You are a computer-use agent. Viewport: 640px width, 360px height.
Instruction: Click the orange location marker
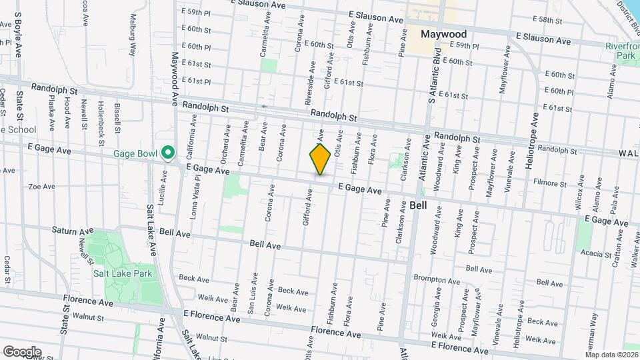(320, 159)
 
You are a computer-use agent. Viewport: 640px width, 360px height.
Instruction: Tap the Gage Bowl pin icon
(169, 153)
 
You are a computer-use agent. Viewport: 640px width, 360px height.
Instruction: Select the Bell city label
(419, 205)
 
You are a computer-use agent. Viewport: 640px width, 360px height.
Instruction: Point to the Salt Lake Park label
(123, 273)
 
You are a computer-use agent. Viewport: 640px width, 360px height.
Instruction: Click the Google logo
(22, 351)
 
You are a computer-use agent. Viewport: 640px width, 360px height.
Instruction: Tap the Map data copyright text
(611, 354)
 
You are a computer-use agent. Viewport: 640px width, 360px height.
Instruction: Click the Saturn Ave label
(71, 230)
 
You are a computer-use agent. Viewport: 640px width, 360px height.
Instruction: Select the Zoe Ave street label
(41, 187)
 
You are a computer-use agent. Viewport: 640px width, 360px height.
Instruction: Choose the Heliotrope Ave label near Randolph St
(535, 140)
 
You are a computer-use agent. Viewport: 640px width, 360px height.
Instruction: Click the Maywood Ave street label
(176, 80)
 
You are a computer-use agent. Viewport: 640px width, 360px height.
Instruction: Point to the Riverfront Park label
(621, 51)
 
